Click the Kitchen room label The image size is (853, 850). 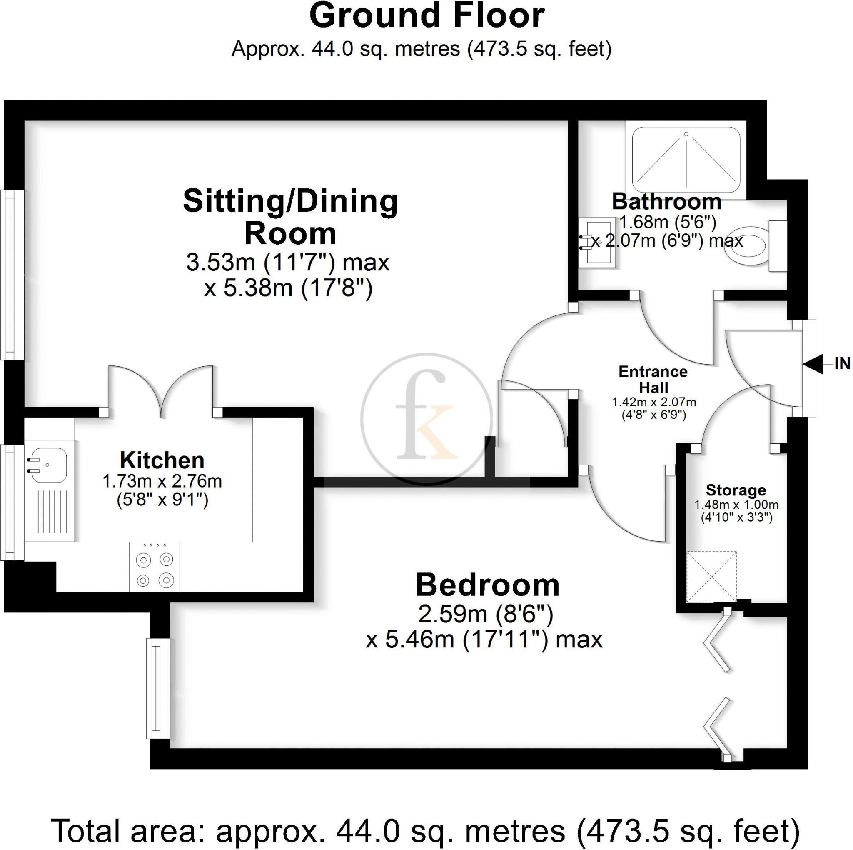pyautogui.click(x=162, y=461)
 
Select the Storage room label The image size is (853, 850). pyautogui.click(x=736, y=490)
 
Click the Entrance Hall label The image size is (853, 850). pyautogui.click(x=653, y=380)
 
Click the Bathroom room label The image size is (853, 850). pyautogui.click(x=666, y=202)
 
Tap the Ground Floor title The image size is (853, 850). pyautogui.click(x=426, y=16)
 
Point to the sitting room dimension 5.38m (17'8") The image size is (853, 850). pyautogui.click(x=288, y=288)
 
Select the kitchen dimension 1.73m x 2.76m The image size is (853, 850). pyautogui.click(x=162, y=481)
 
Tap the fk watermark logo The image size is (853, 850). pyautogui.click(x=426, y=418)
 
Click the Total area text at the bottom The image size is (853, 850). pyautogui.click(x=426, y=830)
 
